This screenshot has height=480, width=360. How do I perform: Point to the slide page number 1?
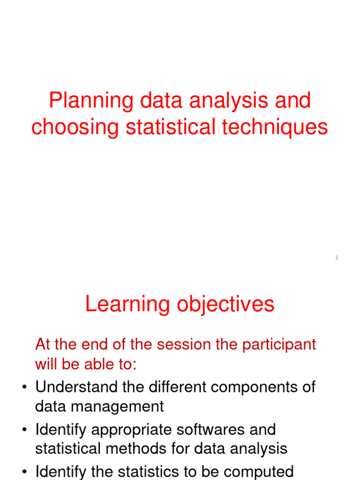337,257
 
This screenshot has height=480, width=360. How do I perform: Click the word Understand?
73,387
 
